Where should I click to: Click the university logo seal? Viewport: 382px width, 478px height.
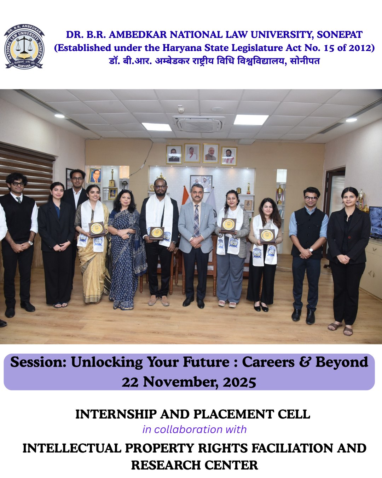[x=24, y=47]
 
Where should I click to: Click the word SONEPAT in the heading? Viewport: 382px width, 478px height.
[x=340, y=35]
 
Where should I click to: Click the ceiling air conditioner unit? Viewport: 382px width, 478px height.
[x=199, y=124]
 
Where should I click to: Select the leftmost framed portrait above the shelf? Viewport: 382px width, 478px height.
[x=174, y=155]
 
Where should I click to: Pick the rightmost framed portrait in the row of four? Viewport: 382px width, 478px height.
[x=229, y=156]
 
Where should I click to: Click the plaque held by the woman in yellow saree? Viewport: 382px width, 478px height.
[x=97, y=229]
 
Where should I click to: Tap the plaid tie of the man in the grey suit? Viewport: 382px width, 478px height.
[x=196, y=221]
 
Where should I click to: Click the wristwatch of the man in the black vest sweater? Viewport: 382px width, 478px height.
[x=30, y=243]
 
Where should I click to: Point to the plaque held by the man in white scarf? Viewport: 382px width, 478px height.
[x=157, y=233]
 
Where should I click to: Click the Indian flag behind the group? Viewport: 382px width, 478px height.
[x=186, y=197]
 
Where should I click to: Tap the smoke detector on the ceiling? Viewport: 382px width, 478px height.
[x=181, y=109]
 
